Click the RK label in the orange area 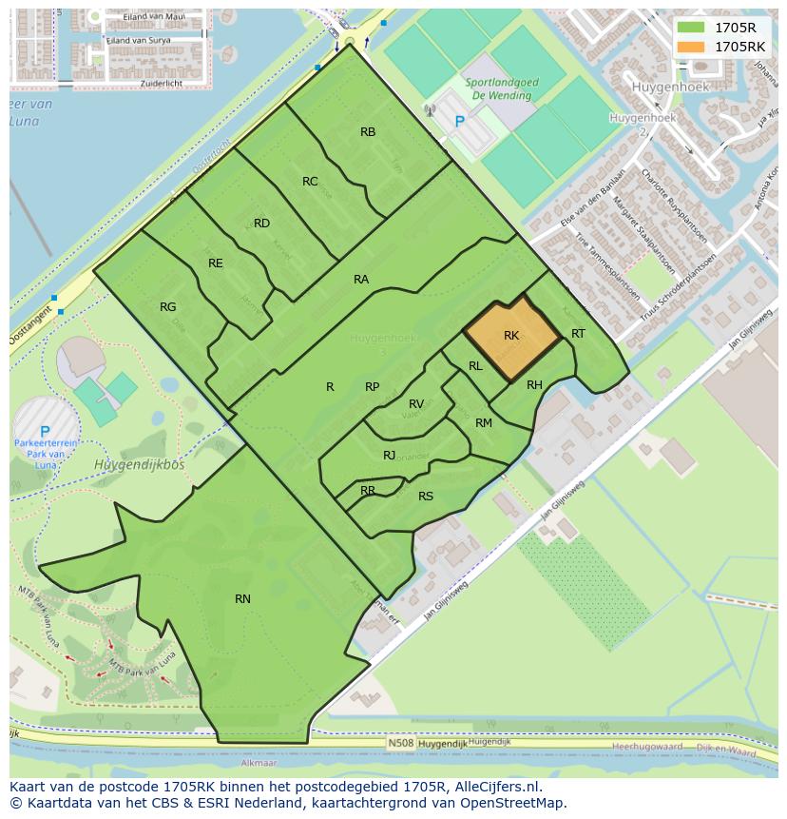(x=511, y=336)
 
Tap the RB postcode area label (x=368, y=132)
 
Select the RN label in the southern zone (x=242, y=598)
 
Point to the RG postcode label (x=168, y=307)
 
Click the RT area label (x=578, y=333)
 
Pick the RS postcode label (x=426, y=496)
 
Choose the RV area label (x=416, y=404)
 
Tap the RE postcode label (x=216, y=263)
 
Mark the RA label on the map (x=361, y=279)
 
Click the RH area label (x=534, y=384)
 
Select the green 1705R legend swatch (x=690, y=28)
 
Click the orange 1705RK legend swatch (x=690, y=46)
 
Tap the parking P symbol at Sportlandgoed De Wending (x=461, y=122)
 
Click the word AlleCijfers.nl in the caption (x=497, y=788)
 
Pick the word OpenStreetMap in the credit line (x=510, y=803)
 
